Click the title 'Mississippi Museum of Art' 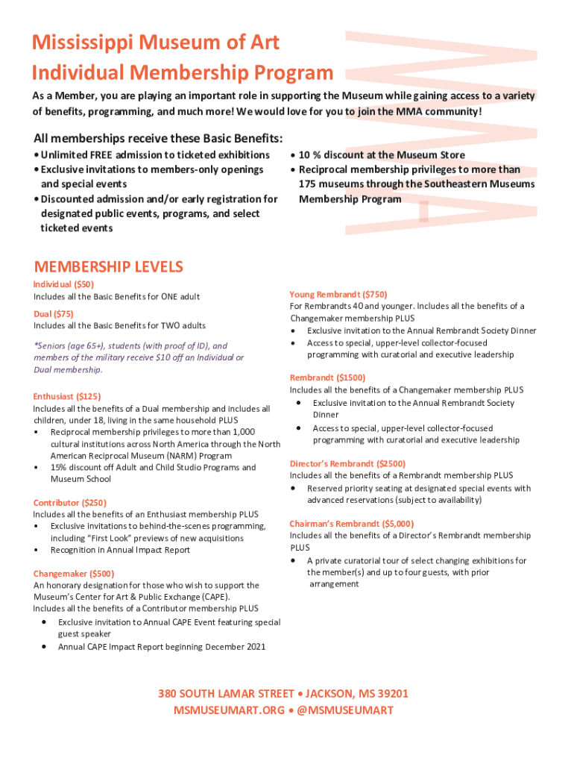(x=156, y=43)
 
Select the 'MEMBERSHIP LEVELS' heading (x=109, y=267)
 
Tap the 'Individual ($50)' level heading (x=63, y=284)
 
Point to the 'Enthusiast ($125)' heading (x=67, y=397)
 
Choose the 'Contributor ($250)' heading (x=70, y=503)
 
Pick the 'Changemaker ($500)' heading (x=74, y=574)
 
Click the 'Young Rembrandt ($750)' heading (x=338, y=295)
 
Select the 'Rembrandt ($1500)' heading (x=327, y=378)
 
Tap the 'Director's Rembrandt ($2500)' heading (x=347, y=463)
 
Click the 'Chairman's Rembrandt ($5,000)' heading (x=352, y=524)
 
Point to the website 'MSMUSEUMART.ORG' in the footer (x=229, y=710)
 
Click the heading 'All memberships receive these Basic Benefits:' (x=158, y=139)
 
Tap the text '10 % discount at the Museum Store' (x=382, y=155)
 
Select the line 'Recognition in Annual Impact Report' (x=120, y=550)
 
